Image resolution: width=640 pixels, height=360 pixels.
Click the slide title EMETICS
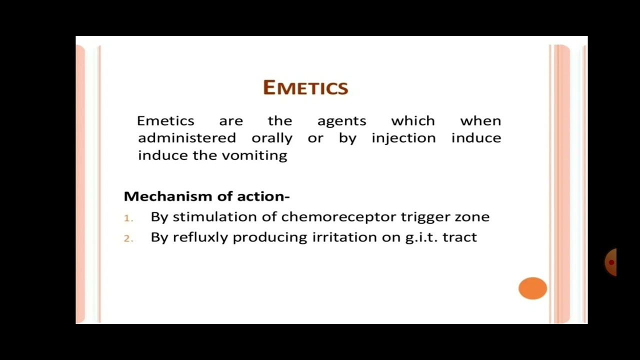tap(305, 87)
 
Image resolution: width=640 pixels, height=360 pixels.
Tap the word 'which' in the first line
tap(413, 121)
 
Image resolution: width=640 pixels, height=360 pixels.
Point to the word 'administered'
tap(187, 138)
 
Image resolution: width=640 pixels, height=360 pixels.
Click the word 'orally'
tap(272, 138)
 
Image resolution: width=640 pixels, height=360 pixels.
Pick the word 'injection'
tap(403, 138)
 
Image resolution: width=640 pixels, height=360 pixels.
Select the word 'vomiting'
tap(254, 155)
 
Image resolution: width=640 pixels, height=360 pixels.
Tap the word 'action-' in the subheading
tap(263, 196)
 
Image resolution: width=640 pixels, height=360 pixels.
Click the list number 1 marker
tap(128, 218)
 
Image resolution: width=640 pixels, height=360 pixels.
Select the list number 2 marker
tap(128, 238)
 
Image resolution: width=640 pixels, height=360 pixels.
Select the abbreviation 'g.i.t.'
tap(421, 237)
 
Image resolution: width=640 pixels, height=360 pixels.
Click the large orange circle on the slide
tap(532, 288)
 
